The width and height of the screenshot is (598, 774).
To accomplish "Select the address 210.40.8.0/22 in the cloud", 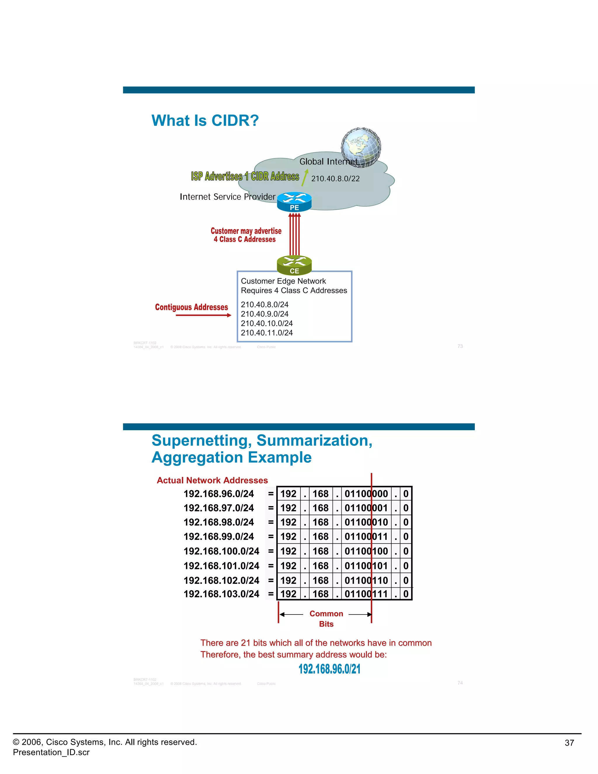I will coord(335,179).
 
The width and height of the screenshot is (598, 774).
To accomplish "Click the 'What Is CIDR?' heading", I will coord(205,121).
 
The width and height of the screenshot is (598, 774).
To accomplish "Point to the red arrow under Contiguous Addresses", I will coord(203,315).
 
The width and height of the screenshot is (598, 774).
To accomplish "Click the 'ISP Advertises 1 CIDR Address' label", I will coord(245,176).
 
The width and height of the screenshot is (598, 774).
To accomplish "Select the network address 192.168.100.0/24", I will coord(221,551).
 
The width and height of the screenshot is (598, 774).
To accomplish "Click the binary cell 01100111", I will coord(366,594).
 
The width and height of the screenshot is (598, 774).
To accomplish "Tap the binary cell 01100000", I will coord(366,494).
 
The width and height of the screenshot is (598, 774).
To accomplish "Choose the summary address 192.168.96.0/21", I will coord(329,669).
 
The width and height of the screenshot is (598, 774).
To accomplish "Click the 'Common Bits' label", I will coord(326,618).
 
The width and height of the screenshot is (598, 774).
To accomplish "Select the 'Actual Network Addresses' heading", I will coord(212,480).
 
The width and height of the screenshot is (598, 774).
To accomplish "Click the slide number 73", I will coord(460,346).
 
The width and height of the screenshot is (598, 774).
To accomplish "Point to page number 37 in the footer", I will coord(569,743).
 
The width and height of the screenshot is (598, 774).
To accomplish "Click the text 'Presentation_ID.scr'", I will coord(51,752).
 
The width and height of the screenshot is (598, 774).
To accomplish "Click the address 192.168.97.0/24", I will coord(219,508).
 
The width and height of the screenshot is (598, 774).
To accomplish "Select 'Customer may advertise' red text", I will coord(246,231).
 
